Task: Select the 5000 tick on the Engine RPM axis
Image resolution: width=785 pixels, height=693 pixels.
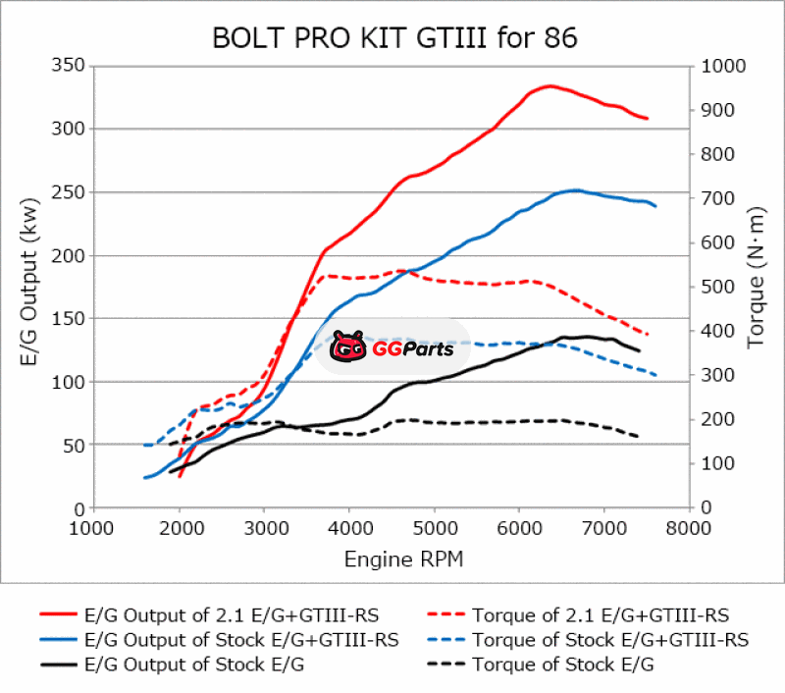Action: tap(434, 527)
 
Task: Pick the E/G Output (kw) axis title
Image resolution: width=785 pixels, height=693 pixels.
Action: tap(28, 288)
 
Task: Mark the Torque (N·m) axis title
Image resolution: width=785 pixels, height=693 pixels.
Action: tap(756, 279)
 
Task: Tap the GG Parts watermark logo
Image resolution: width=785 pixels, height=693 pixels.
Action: tap(392, 346)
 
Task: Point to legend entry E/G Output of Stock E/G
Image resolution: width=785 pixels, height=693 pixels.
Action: tap(192, 665)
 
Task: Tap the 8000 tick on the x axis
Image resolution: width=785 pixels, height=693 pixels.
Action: tap(688, 527)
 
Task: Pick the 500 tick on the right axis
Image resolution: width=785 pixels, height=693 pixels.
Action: tap(715, 287)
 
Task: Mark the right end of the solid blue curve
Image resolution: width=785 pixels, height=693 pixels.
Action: tap(655, 206)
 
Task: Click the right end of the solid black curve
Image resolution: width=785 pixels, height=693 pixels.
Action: tap(639, 350)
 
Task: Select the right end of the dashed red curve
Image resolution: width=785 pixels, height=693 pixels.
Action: tap(648, 335)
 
